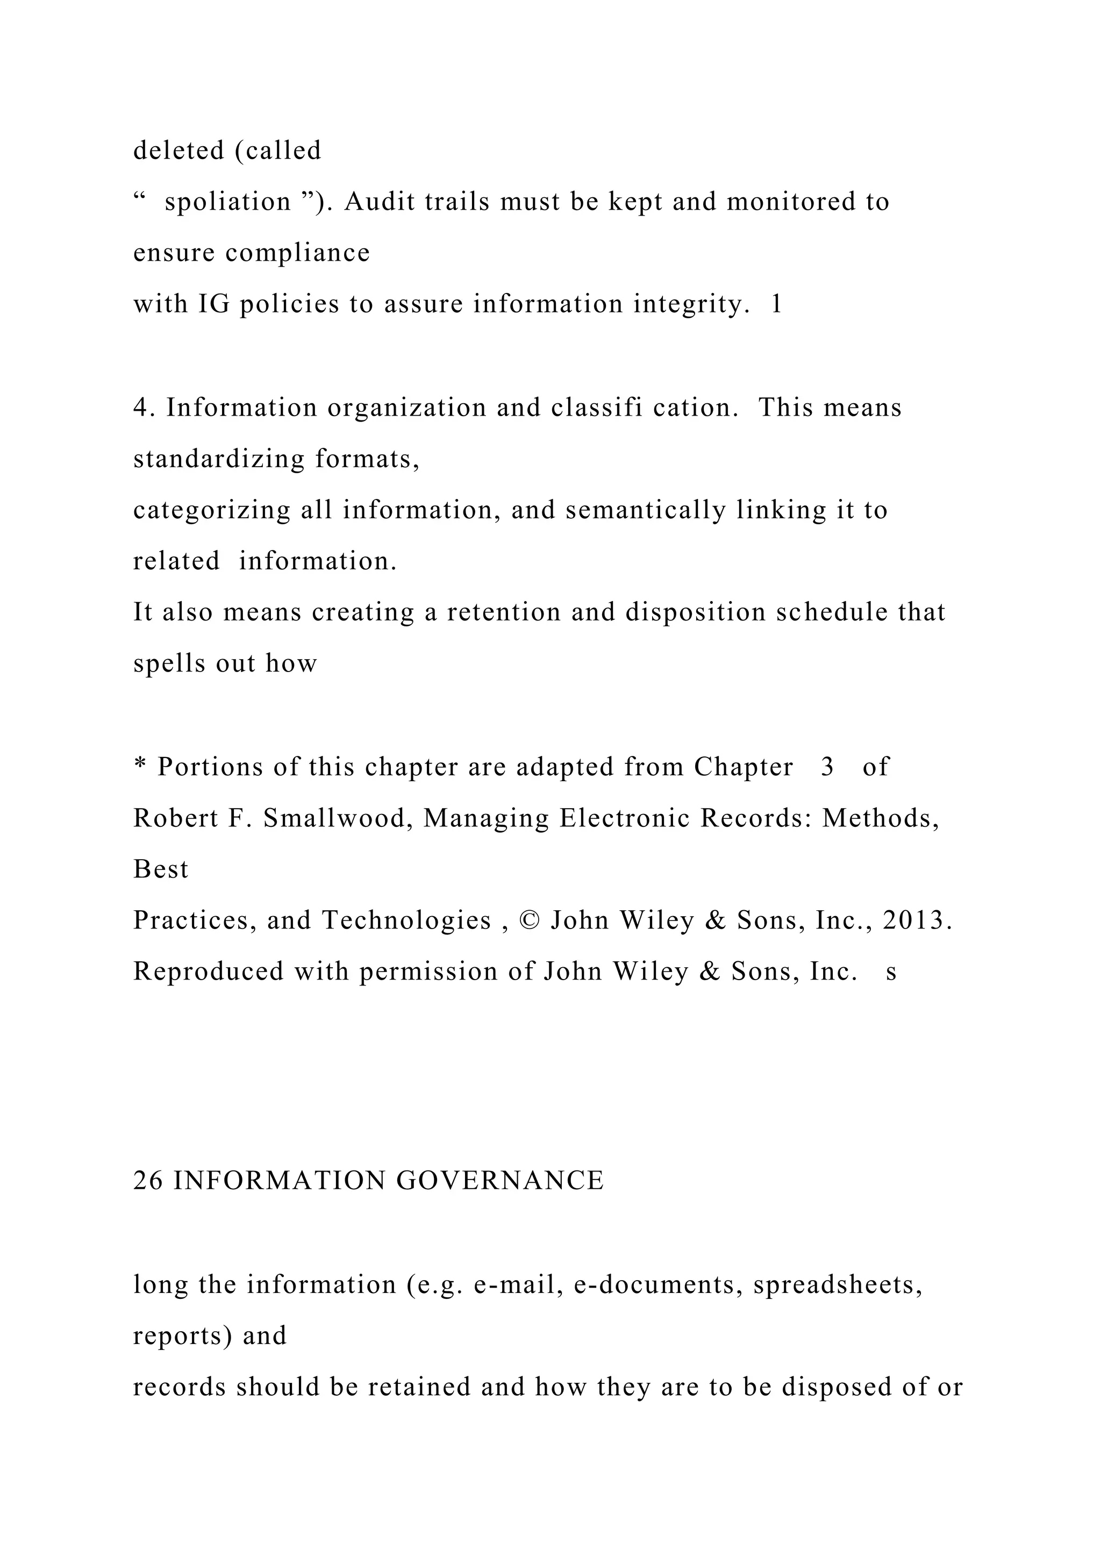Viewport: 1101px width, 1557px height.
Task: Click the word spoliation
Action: tap(227, 202)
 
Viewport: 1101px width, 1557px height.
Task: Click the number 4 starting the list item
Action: tap(140, 408)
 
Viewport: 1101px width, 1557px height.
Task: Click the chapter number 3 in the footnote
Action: tap(827, 767)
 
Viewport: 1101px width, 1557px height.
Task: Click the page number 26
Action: tap(148, 1181)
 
